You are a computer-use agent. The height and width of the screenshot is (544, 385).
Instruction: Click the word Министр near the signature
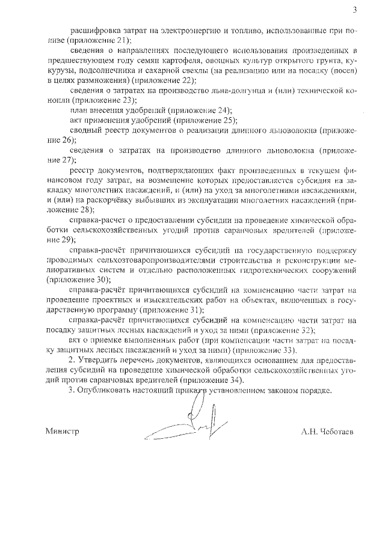pos(62,431)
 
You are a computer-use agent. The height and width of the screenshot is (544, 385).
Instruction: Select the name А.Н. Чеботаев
pos(328,431)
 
